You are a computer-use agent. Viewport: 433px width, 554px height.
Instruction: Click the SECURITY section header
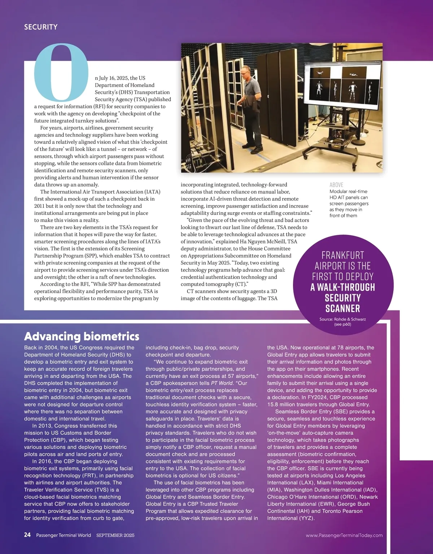[41, 27]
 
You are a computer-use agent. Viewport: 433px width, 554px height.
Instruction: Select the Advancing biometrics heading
[82, 336]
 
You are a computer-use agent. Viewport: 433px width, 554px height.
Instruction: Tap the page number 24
[27, 535]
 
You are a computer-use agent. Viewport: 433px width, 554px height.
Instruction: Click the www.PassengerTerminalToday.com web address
[344, 535]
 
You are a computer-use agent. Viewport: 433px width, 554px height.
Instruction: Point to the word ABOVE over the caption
[336, 185]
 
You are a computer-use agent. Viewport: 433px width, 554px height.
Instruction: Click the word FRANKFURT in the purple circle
[343, 255]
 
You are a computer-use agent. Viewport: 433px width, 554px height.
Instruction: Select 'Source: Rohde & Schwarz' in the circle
[342, 319]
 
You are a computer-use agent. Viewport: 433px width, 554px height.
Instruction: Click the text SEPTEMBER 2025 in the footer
[115, 535]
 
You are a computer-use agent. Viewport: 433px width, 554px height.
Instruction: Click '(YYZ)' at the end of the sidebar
[306, 518]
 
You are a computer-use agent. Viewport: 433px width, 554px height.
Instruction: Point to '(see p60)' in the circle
[342, 324]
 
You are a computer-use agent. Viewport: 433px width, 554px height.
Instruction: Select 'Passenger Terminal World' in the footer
[64, 535]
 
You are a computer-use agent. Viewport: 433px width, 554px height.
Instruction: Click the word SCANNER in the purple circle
[342, 308]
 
